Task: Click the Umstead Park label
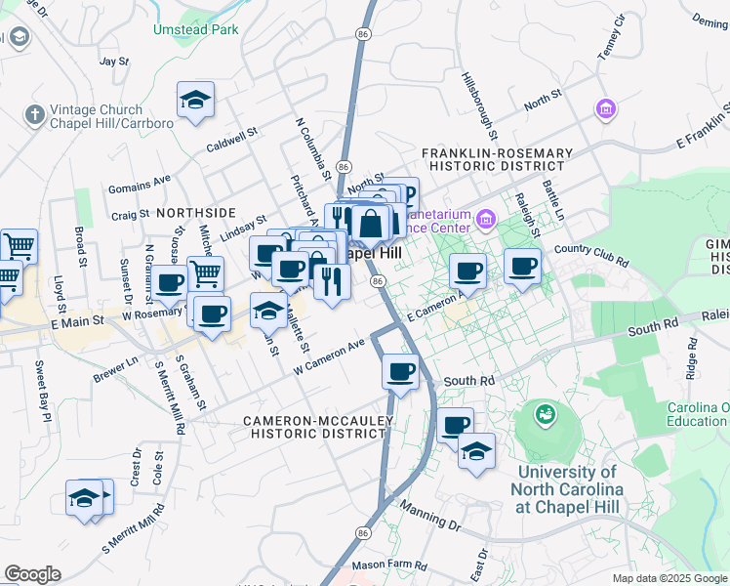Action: click(x=195, y=29)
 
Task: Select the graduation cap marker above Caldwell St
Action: click(x=196, y=101)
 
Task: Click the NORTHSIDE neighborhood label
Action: click(x=195, y=212)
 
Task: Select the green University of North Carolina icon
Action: click(x=545, y=414)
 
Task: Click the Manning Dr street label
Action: click(x=430, y=519)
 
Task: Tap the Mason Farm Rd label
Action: click(x=389, y=565)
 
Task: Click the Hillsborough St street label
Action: click(x=480, y=105)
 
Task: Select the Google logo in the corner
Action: click(x=32, y=574)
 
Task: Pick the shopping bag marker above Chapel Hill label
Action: click(x=371, y=226)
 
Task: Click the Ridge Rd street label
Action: click(x=692, y=358)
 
